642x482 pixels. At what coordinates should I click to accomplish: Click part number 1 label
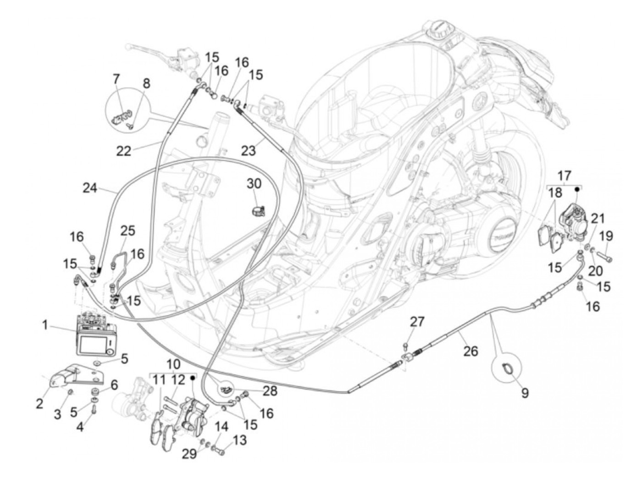coord(45,325)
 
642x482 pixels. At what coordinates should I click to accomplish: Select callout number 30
coord(254,184)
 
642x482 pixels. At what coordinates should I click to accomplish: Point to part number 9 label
coord(525,393)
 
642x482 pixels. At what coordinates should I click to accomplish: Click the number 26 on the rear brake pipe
coord(470,351)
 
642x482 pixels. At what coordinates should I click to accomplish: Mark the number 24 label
coord(90,187)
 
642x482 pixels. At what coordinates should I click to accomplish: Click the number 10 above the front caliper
coord(174,365)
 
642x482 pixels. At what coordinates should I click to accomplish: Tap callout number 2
coord(39,403)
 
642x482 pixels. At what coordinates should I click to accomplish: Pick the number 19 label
coord(606,236)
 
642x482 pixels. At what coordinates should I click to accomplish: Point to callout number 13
coord(240,440)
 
